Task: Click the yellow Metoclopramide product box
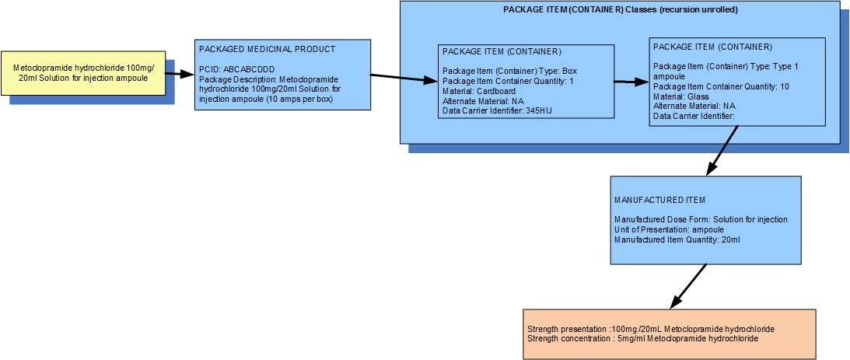point(83,73)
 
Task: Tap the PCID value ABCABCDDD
point(250,69)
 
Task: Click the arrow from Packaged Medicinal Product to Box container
point(404,79)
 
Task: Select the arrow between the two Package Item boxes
point(631,82)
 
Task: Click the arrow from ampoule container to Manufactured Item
point(722,151)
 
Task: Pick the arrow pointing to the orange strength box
point(688,287)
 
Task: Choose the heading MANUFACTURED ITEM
point(659,200)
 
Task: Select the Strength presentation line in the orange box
point(650,329)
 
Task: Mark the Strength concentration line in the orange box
point(642,338)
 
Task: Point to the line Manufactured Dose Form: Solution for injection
point(701,219)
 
